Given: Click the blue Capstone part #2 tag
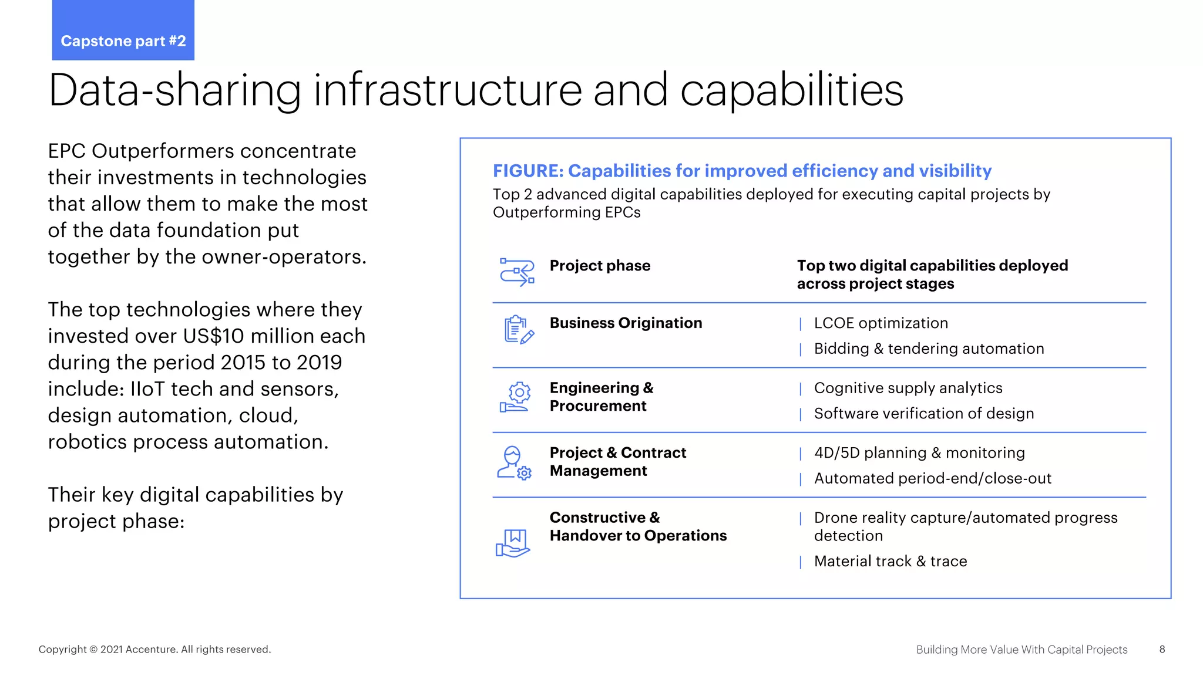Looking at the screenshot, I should [123, 31].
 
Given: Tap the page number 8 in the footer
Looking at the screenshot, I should [1162, 649].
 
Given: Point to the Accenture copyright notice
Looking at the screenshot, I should [154, 649].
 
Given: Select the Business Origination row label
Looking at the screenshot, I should [626, 323].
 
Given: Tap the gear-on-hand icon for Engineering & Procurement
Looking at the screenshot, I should [515, 397].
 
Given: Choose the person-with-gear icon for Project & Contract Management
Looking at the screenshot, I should [514, 462].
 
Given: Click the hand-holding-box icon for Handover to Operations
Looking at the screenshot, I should [512, 542].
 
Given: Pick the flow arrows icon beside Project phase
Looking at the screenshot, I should [517, 272].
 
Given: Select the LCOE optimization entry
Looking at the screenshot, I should [881, 323].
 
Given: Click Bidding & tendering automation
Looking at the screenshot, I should [929, 349].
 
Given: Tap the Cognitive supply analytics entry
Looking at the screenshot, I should [908, 388].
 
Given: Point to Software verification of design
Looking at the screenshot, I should [923, 414].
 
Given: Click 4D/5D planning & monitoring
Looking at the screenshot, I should [919, 453].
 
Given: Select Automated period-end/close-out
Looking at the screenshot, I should [932, 478].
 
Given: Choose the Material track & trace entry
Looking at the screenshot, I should [890, 562].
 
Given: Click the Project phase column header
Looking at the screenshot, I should [600, 265].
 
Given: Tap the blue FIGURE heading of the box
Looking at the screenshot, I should [742, 171].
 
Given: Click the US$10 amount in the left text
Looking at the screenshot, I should [213, 336].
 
